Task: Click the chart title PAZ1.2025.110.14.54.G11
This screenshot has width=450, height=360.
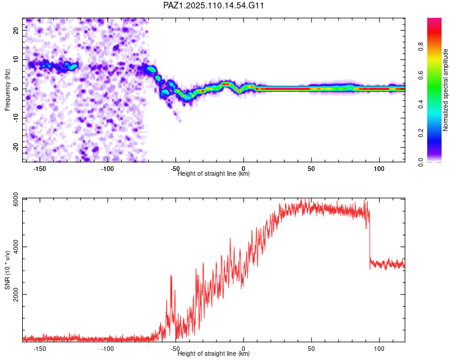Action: [214, 5]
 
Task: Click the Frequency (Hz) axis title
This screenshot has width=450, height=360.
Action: [7, 90]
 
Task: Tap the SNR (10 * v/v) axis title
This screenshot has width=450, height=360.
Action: [7, 270]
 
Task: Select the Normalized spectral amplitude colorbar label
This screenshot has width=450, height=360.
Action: [445, 90]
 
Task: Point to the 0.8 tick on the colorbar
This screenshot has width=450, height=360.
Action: [421, 46]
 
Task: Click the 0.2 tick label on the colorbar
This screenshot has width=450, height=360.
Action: [421, 133]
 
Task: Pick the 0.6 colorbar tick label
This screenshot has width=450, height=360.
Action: [421, 75]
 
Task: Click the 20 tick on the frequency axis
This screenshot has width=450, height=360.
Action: [16, 31]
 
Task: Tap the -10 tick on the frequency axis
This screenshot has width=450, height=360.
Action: [16, 118]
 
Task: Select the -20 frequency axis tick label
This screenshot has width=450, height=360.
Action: [16, 147]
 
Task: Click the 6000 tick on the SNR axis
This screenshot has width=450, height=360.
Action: [16, 199]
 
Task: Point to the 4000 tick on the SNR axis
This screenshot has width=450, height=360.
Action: [16, 247]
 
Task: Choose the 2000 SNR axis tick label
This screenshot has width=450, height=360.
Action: [16, 295]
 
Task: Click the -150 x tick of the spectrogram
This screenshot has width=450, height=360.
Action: [40, 169]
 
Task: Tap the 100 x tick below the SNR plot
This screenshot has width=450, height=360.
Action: [379, 349]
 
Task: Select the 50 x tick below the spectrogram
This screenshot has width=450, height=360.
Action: [311, 169]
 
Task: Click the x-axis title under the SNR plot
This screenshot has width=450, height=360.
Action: [214, 353]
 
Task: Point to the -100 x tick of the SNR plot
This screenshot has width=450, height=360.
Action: [107, 349]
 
